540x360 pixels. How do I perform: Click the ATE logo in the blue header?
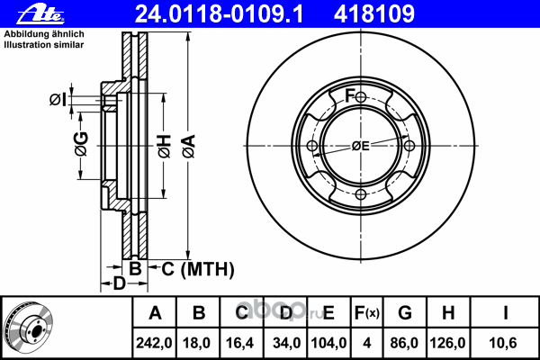click(41, 14)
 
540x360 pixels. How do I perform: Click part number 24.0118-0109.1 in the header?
click(219, 14)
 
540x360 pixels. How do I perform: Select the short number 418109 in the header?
click(374, 14)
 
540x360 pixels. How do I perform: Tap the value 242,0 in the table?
click(154, 343)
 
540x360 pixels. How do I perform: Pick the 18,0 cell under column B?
click(196, 343)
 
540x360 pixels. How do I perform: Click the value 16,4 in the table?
click(240, 343)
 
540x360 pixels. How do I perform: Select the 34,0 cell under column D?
click(286, 343)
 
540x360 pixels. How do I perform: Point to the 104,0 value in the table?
click(328, 343)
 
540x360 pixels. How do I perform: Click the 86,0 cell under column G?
click(404, 343)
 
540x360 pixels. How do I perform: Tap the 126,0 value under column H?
click(447, 343)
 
